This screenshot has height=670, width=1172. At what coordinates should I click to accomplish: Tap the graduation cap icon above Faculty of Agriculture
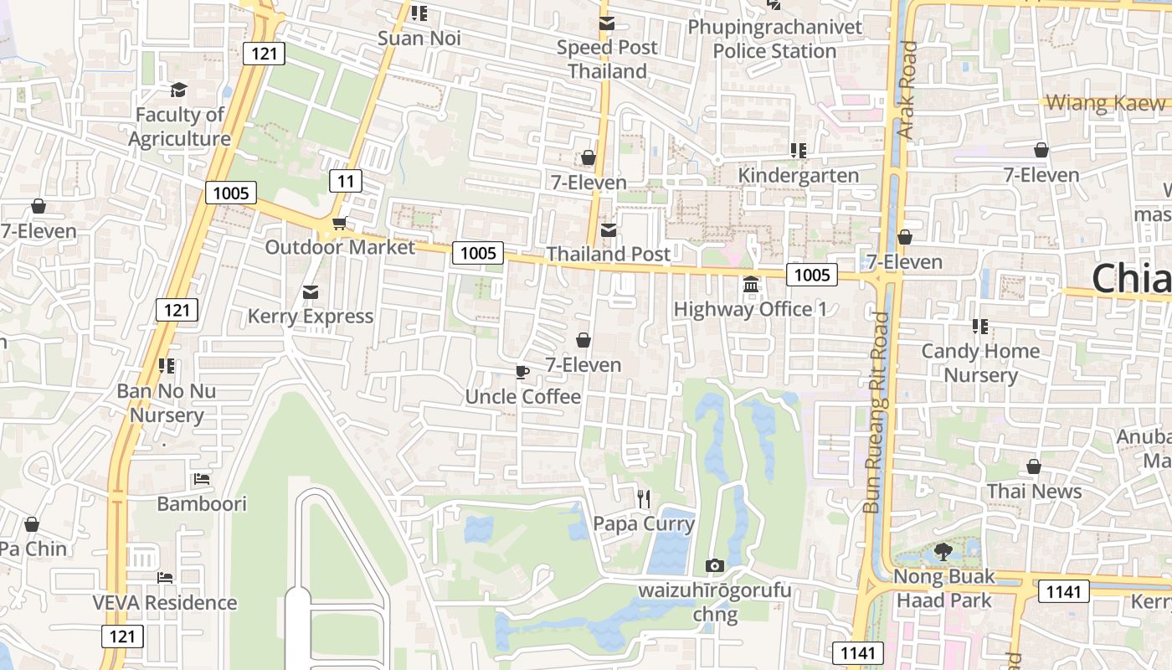(x=178, y=90)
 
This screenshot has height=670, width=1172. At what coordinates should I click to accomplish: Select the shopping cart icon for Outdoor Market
(x=339, y=223)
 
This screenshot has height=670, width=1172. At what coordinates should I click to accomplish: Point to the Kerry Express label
(x=310, y=317)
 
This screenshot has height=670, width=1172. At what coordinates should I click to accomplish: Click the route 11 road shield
(x=345, y=180)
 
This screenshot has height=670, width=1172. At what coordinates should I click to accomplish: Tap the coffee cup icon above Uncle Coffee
(x=522, y=372)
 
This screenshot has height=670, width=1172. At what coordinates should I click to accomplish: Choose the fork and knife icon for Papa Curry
(x=643, y=499)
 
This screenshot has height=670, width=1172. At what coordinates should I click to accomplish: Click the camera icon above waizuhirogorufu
(x=714, y=566)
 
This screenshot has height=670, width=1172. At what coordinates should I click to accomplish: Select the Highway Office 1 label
(x=750, y=310)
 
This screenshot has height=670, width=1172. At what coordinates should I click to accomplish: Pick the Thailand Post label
(x=609, y=254)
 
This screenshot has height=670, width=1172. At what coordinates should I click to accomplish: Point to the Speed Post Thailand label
(x=608, y=59)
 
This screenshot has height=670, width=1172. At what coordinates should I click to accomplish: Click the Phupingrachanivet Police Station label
(x=774, y=39)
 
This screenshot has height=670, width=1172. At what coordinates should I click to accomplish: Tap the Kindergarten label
(x=798, y=175)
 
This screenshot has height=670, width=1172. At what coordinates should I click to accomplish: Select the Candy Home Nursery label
(x=980, y=363)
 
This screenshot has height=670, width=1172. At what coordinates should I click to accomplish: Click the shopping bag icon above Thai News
(x=1034, y=466)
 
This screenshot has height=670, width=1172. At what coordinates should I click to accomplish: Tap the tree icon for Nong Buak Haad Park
(x=943, y=552)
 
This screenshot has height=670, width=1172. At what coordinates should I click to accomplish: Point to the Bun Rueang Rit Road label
(x=876, y=412)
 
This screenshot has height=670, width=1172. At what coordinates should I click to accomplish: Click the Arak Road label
(x=907, y=90)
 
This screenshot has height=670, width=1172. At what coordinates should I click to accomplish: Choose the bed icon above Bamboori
(x=202, y=479)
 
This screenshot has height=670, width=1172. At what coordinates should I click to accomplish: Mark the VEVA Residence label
(x=165, y=603)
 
